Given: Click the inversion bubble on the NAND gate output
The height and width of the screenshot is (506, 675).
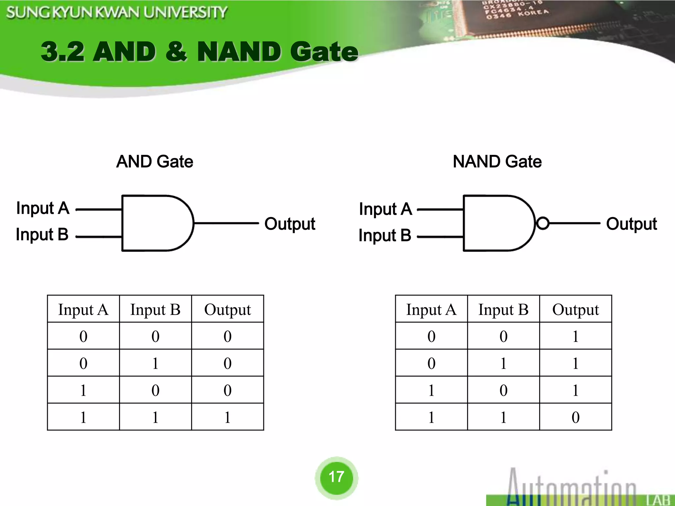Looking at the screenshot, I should point(543,223).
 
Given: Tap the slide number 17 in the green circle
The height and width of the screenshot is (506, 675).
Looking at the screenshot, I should point(336,477).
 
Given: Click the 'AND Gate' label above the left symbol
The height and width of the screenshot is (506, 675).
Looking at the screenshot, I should point(155,161).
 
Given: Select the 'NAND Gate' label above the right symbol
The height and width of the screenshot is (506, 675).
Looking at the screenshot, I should point(497,161).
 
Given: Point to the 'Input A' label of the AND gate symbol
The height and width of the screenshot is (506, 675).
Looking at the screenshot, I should point(43,208).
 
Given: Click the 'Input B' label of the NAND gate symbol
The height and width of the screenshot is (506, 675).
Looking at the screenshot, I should point(385,236).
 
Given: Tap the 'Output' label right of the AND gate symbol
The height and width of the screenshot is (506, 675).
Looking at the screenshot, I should point(290,224).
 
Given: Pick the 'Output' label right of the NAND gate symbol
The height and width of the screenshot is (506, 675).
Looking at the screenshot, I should point(631,224).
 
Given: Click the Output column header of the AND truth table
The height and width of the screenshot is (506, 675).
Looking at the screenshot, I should point(227,310).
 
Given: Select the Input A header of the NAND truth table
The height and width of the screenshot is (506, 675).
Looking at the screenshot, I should point(431,310).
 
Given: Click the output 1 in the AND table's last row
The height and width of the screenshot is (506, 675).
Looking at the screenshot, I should point(227,417).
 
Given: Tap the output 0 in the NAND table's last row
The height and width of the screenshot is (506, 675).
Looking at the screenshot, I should point(575,417).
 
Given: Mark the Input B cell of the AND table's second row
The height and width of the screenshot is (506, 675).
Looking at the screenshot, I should point(155,363).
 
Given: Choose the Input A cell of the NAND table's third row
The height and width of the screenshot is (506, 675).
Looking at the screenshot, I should point(431,390).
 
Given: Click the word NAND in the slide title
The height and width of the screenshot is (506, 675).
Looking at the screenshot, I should point(239,52).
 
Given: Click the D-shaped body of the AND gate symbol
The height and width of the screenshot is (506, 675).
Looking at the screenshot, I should point(155,223).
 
